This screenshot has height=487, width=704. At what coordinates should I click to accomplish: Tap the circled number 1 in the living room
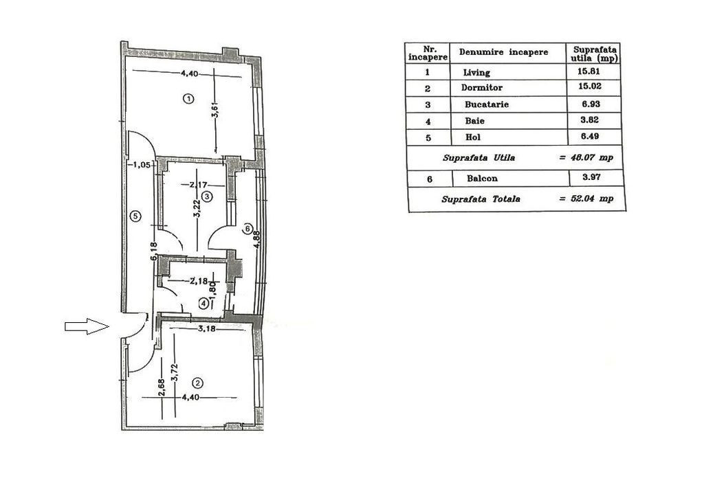(x=188, y=98)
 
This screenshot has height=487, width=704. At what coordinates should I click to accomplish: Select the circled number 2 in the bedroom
(x=197, y=383)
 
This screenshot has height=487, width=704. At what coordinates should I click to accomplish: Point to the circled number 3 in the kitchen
(x=206, y=196)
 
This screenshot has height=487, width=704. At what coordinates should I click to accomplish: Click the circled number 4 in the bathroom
(x=203, y=302)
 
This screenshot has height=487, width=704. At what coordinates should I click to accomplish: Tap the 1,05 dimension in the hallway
(x=140, y=164)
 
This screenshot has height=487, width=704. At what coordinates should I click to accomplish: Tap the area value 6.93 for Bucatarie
(x=592, y=104)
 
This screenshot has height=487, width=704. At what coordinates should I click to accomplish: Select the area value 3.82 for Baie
(x=592, y=121)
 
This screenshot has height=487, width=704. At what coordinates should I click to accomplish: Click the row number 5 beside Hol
(x=428, y=137)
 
